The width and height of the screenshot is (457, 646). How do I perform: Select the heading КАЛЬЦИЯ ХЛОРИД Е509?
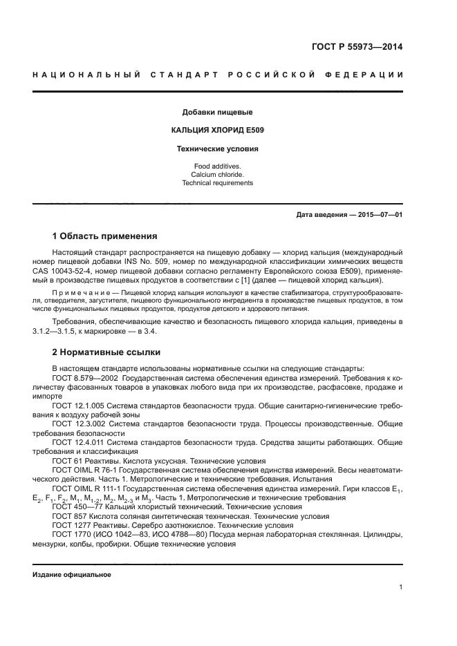point(217,130)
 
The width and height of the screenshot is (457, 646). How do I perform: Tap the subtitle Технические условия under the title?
point(217,149)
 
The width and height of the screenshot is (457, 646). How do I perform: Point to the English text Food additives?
point(217,167)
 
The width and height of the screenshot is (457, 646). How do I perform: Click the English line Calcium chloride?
point(217,175)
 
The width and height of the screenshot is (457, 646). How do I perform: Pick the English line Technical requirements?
point(217,183)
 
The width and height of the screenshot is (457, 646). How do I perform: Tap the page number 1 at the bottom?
point(400,587)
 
